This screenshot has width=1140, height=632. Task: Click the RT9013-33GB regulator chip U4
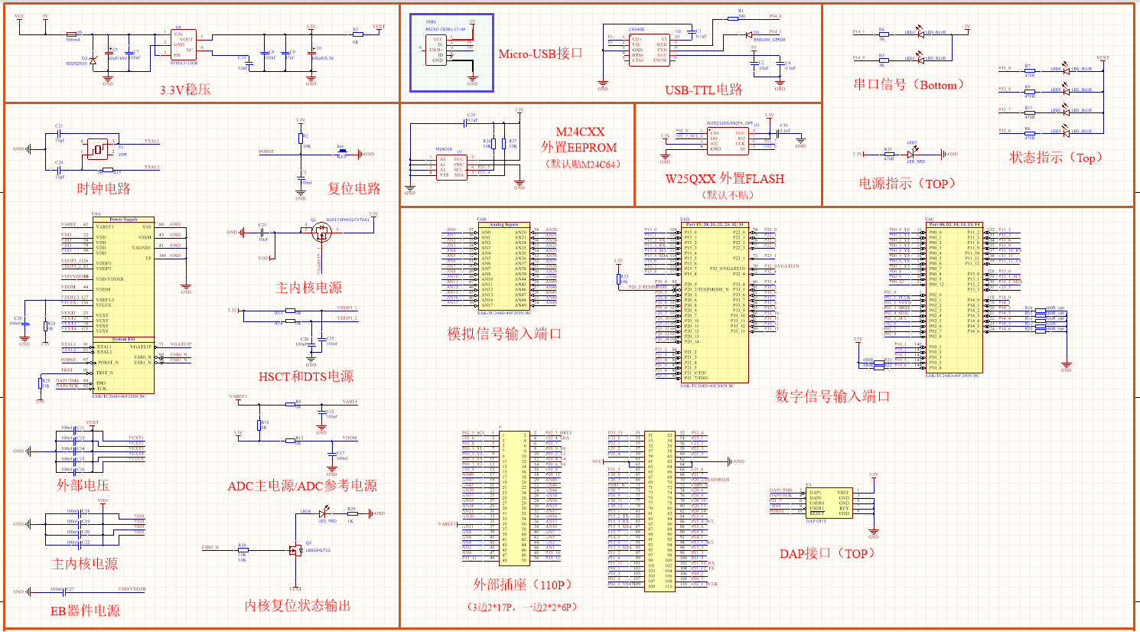click(184, 46)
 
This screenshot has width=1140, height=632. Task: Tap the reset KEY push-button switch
click(341, 152)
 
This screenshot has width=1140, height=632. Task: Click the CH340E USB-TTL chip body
click(649, 49)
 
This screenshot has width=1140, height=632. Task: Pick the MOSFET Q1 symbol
click(320, 233)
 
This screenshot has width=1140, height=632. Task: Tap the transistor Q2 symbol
click(295, 550)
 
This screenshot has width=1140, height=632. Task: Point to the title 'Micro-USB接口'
click(540, 54)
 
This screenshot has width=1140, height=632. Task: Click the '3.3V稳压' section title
click(185, 90)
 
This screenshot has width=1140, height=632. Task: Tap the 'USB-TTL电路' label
click(703, 90)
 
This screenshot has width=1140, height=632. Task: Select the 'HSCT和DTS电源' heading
click(306, 376)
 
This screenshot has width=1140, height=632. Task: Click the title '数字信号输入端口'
click(832, 396)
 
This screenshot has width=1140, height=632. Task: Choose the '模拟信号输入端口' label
click(504, 334)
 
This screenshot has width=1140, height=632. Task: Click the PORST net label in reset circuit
click(266, 151)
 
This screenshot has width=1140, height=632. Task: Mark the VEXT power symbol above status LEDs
click(1103, 58)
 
